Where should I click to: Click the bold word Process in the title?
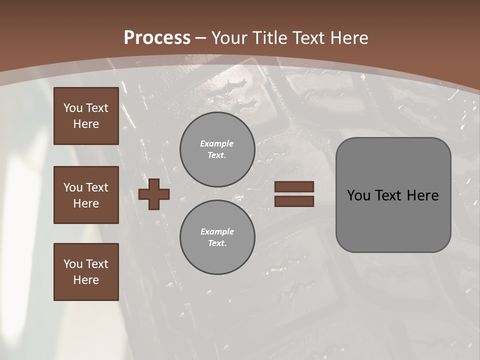point(157,37)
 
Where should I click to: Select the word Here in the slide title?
point(348,37)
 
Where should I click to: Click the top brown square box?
point(86,116)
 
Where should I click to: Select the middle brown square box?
point(86,195)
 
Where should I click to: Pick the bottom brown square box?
point(86,272)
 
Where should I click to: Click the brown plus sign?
point(154,194)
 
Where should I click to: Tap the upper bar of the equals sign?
point(294,186)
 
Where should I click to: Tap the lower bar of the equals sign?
point(294,201)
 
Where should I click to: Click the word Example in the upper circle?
point(216,143)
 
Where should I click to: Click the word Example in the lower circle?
point(217,231)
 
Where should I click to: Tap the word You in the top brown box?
point(73,108)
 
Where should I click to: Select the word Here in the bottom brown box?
point(86,280)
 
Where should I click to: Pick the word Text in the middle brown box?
point(97,187)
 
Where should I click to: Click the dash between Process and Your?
point(200,38)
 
